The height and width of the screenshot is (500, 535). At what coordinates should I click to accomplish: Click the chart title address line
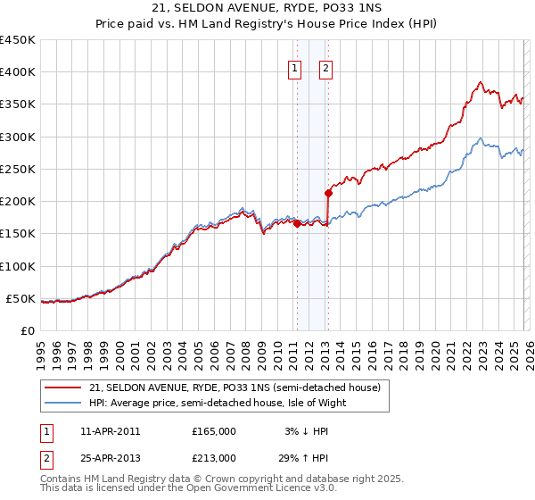pos(267,8)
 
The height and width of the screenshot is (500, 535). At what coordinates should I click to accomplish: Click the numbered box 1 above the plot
pos(294,67)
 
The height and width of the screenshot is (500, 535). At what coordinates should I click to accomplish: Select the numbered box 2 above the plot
pos(325,67)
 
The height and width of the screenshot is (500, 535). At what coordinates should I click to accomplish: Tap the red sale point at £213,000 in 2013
pos(328,193)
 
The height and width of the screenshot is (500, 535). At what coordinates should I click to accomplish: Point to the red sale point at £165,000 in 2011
pos(297,224)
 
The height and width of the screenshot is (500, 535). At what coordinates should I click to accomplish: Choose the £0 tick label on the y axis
pos(26,330)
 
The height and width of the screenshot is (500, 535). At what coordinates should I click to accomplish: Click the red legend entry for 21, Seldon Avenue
pos(235,387)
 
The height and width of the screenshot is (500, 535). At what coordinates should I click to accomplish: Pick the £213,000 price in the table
pos(214,457)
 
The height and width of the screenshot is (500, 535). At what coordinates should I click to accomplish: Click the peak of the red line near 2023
pos(480,83)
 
